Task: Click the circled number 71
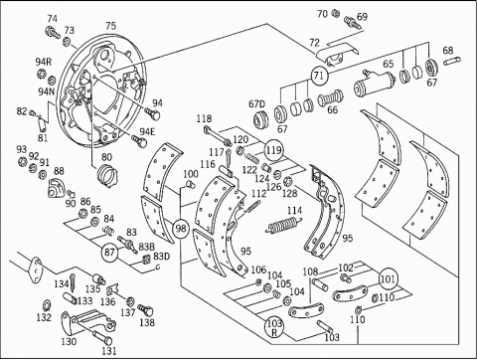pos(319,76)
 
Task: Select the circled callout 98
pos(181,229)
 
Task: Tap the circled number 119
pos(273,150)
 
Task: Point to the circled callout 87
pos(110,253)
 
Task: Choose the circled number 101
pos(388,279)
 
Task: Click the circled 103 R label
pos(274,327)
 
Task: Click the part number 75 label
pos(111,26)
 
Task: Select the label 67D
pos(257,104)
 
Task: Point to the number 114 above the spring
pos(294,211)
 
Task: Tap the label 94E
pos(147,131)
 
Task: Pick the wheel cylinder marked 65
pos(374,84)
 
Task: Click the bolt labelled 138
pos(145,310)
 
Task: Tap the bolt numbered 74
pos(53,32)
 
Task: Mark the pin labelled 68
pos(452,62)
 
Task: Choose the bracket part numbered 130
pos(87,321)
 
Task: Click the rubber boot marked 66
pos(330,97)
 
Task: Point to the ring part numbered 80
pos(107,174)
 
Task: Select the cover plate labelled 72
pos(336,54)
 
